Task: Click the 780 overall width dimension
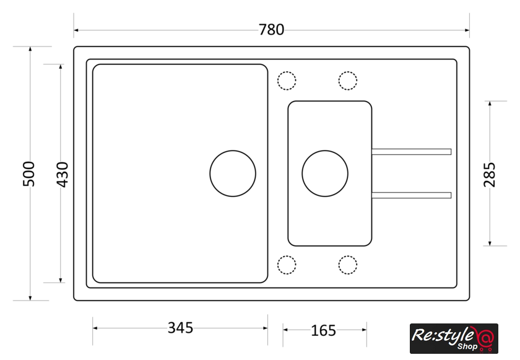(x=271, y=30)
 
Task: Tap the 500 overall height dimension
(x=29, y=174)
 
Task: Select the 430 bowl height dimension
(x=63, y=175)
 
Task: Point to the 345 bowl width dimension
(x=180, y=328)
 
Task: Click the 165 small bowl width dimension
(x=323, y=330)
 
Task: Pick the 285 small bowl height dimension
(x=489, y=175)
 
